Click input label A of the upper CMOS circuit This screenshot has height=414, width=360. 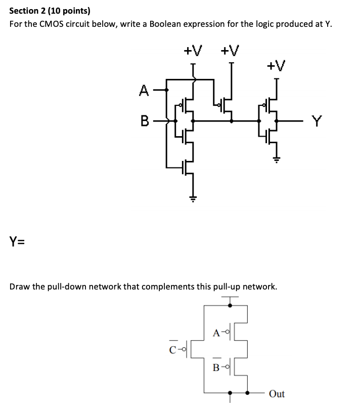pos(144,91)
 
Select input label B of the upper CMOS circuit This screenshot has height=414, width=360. pos(144,121)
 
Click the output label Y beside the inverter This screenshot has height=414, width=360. pos(316,121)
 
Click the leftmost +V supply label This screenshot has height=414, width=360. pos(193,50)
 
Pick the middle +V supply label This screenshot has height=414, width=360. pos(230,50)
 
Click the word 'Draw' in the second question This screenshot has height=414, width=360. pos(21,286)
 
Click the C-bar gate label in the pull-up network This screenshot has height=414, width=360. pos(173,348)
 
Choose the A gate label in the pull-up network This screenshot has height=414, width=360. pos(216,332)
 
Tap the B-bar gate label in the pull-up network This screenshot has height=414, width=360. pos(216,366)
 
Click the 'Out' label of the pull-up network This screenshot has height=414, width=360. pos(277,394)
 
